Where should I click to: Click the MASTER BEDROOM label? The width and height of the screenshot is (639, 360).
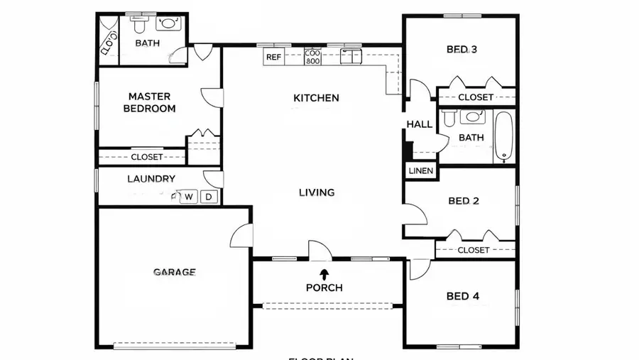(149, 102)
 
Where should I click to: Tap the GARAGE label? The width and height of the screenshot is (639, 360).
(174, 271)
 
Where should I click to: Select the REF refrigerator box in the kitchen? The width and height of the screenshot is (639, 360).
(273, 57)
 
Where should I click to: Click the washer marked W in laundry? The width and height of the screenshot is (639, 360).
(189, 197)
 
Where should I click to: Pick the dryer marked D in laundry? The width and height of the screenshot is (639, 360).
(209, 197)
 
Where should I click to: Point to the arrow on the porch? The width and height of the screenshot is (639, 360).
(324, 273)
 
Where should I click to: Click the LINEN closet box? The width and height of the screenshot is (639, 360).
(420, 171)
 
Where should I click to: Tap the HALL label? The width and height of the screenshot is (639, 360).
(419, 124)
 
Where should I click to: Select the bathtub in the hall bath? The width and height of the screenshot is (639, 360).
(503, 135)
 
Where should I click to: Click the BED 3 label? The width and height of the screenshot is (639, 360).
(461, 50)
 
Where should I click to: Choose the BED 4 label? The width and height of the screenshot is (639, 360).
(462, 296)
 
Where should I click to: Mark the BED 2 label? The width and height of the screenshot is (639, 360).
(464, 201)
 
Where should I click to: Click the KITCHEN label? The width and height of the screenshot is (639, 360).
(316, 98)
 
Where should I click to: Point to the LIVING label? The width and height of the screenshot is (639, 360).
(316, 192)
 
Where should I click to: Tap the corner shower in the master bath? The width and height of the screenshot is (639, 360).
(109, 40)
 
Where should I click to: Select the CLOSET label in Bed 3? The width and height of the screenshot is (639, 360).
(475, 97)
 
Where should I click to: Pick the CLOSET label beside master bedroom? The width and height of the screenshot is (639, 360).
(147, 157)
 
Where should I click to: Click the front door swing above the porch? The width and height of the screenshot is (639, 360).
(319, 249)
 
